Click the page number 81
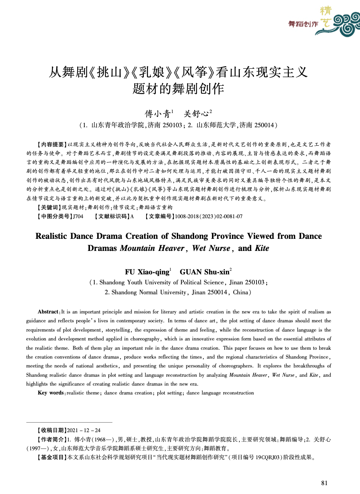[x=324, y=483]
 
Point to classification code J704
[x=78, y=216]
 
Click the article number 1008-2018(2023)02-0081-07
[x=208, y=216]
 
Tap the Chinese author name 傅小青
[x=157, y=114]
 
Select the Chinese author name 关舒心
[x=196, y=114]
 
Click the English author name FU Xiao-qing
[x=147, y=272]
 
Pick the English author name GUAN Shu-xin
[x=204, y=272]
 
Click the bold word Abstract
[x=48, y=312]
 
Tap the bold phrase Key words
[x=51, y=393]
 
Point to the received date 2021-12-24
[x=84, y=430]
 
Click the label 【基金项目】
[x=52, y=457]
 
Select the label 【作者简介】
[x=52, y=439]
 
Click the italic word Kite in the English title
[x=262, y=248]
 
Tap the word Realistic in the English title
[x=52, y=236]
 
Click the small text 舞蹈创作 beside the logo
[x=303, y=24]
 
